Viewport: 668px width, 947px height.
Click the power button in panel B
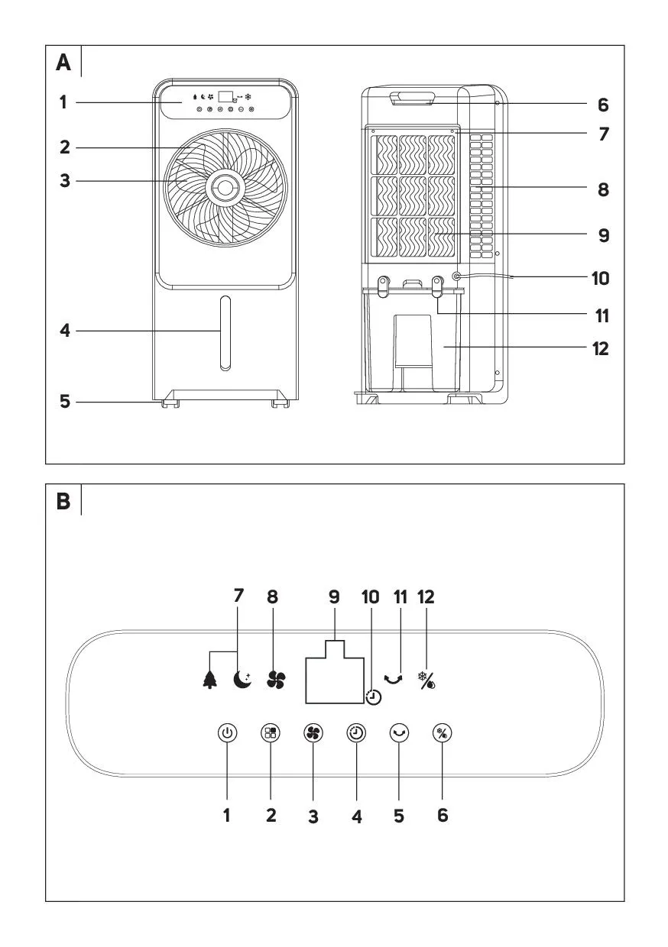[x=227, y=732]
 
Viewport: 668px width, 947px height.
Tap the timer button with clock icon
[x=356, y=732]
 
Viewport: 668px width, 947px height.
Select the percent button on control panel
[x=443, y=732]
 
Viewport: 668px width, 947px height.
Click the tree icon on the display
[x=209, y=679]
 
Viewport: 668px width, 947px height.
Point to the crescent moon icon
[x=242, y=679]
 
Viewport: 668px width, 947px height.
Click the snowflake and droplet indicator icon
[x=426, y=679]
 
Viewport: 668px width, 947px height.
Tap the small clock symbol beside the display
[x=373, y=697]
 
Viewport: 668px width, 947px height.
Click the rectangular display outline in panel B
[x=334, y=677]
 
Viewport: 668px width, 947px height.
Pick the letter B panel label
[x=63, y=502]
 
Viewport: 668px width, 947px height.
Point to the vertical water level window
[x=225, y=334]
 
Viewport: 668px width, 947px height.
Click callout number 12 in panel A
[x=602, y=348]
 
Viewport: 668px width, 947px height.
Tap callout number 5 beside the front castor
[x=65, y=400]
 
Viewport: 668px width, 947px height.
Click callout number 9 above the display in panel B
[x=334, y=597]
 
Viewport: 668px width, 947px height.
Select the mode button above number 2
[x=271, y=732]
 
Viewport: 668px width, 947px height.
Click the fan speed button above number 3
[x=313, y=732]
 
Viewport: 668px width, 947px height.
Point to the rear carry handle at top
[x=413, y=98]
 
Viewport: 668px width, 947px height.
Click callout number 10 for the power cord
[x=602, y=278]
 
